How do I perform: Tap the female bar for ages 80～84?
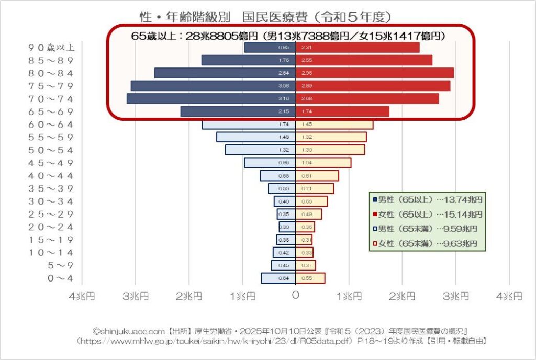coord(375,73)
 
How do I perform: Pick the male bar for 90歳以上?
coord(270,47)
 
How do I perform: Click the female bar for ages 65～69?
coord(343,111)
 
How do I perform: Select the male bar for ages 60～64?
coord(249,125)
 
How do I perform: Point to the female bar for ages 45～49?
coord(323,163)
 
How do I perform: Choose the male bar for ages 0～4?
coord(278,278)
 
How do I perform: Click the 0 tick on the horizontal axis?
coord(296,296)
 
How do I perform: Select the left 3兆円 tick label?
coord(136,296)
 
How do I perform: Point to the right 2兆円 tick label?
coord(402,296)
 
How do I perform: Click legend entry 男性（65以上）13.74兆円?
coord(427,199)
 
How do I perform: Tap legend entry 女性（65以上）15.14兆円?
coord(427,214)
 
